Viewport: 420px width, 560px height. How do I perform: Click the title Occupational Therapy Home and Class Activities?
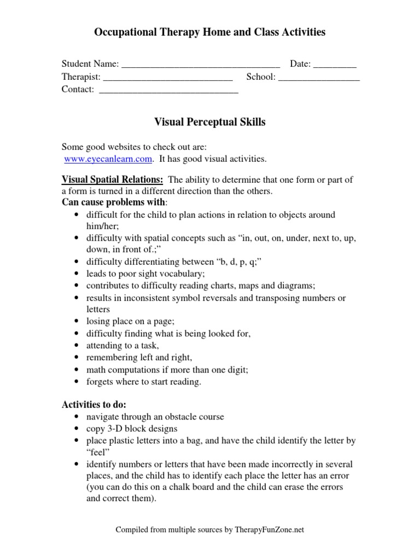click(x=210, y=32)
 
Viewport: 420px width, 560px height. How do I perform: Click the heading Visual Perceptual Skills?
click(x=210, y=122)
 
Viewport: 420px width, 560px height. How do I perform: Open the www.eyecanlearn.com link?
click(x=107, y=159)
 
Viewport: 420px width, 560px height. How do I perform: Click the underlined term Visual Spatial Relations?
click(x=112, y=180)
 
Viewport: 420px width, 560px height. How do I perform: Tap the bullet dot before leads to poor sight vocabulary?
click(x=75, y=274)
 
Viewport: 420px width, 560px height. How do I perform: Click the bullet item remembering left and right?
click(x=139, y=358)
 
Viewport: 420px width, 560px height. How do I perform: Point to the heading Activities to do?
click(x=94, y=405)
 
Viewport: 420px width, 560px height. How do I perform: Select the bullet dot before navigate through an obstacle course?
click(x=75, y=417)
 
